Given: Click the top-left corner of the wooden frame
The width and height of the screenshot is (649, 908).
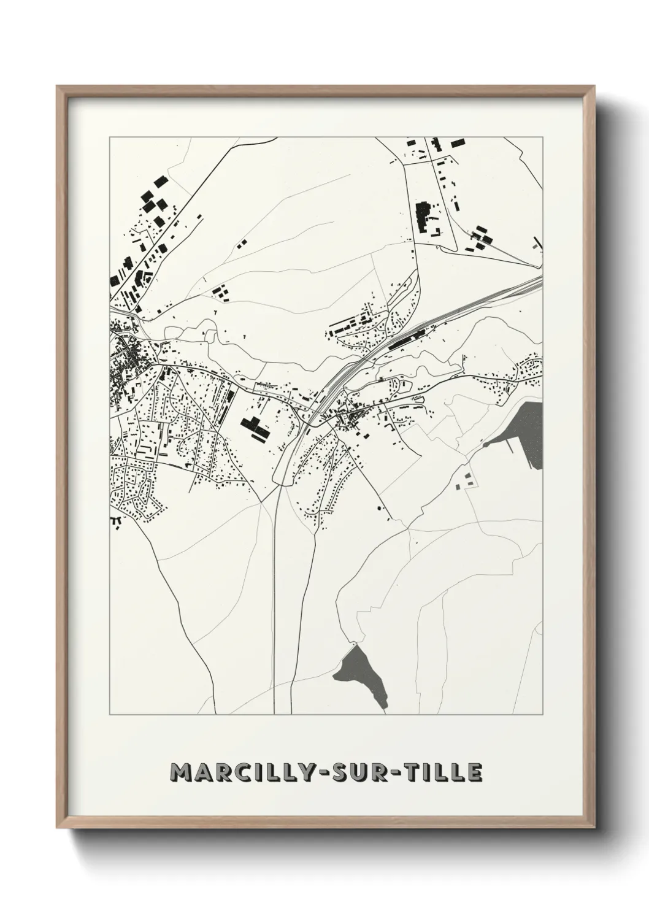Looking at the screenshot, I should pos(58,87).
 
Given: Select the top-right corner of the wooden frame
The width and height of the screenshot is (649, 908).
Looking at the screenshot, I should pos(594,87).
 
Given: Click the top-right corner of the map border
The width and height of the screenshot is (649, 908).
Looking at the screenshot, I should pos(543,137).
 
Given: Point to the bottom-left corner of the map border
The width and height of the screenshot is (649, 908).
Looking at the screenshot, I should pos(110,714).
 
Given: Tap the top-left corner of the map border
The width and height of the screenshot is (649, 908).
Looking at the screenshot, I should pos(110,137).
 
